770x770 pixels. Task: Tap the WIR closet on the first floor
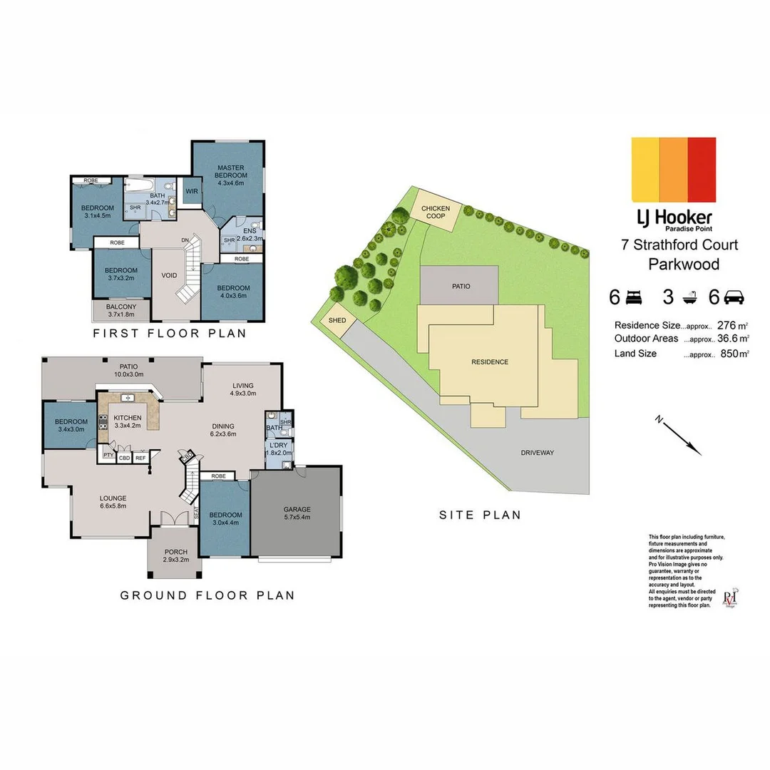pyautogui.click(x=192, y=191)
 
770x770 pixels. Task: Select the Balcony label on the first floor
pyautogui.click(x=120, y=311)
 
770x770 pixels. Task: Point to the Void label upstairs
pyautogui.click(x=170, y=274)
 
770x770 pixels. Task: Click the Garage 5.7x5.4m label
pyautogui.click(x=297, y=513)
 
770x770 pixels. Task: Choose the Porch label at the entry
pyautogui.click(x=175, y=555)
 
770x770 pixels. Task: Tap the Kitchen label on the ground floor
pyautogui.click(x=128, y=421)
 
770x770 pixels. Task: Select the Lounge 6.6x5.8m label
pyautogui.click(x=113, y=502)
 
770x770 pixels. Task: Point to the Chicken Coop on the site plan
pyautogui.click(x=436, y=212)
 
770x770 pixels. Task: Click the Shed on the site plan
pyautogui.click(x=337, y=321)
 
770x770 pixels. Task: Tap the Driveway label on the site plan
pyautogui.click(x=537, y=453)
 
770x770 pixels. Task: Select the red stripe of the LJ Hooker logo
pyautogui.click(x=702, y=170)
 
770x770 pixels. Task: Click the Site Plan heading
pyautogui.click(x=479, y=515)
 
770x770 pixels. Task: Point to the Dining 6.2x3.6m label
pyautogui.click(x=223, y=429)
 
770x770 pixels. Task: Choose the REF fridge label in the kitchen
pyautogui.click(x=140, y=458)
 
